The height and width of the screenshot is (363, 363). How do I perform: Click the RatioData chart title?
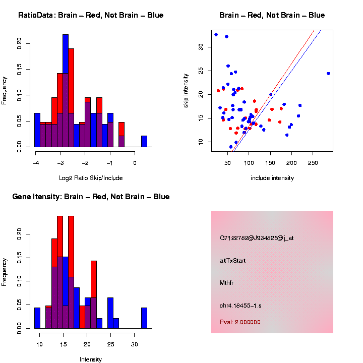click(91, 15)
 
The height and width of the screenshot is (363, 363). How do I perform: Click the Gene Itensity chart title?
click(91, 197)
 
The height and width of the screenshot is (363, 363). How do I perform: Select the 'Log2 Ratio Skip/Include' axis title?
click(91, 177)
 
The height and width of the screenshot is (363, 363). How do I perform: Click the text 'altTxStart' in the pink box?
click(232, 261)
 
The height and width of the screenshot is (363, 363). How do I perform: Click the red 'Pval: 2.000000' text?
click(240, 322)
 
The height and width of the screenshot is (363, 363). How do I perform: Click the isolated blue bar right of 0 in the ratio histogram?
click(144, 141)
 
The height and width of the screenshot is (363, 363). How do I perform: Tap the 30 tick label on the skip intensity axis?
click(201, 47)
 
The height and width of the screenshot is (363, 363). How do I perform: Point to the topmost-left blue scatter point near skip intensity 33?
click(216, 35)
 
